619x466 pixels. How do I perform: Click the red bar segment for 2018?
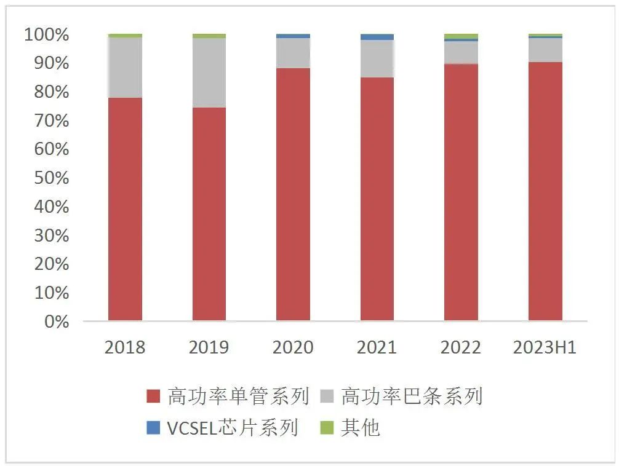[x=125, y=209]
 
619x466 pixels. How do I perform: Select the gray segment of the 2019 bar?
[x=209, y=73]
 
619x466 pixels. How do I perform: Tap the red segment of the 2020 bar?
[x=293, y=194]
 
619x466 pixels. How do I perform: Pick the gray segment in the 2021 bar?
[x=377, y=59]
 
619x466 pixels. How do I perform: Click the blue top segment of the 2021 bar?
[x=377, y=38]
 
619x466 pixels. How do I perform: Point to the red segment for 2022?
[x=461, y=192]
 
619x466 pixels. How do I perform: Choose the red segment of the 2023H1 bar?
[x=545, y=191]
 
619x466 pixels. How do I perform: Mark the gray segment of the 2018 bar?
[x=125, y=68]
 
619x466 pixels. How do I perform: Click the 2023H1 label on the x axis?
[x=545, y=347]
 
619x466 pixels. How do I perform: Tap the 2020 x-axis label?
[x=293, y=347]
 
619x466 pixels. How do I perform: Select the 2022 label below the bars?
[x=461, y=347]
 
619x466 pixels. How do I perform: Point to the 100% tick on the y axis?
[x=47, y=35]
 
